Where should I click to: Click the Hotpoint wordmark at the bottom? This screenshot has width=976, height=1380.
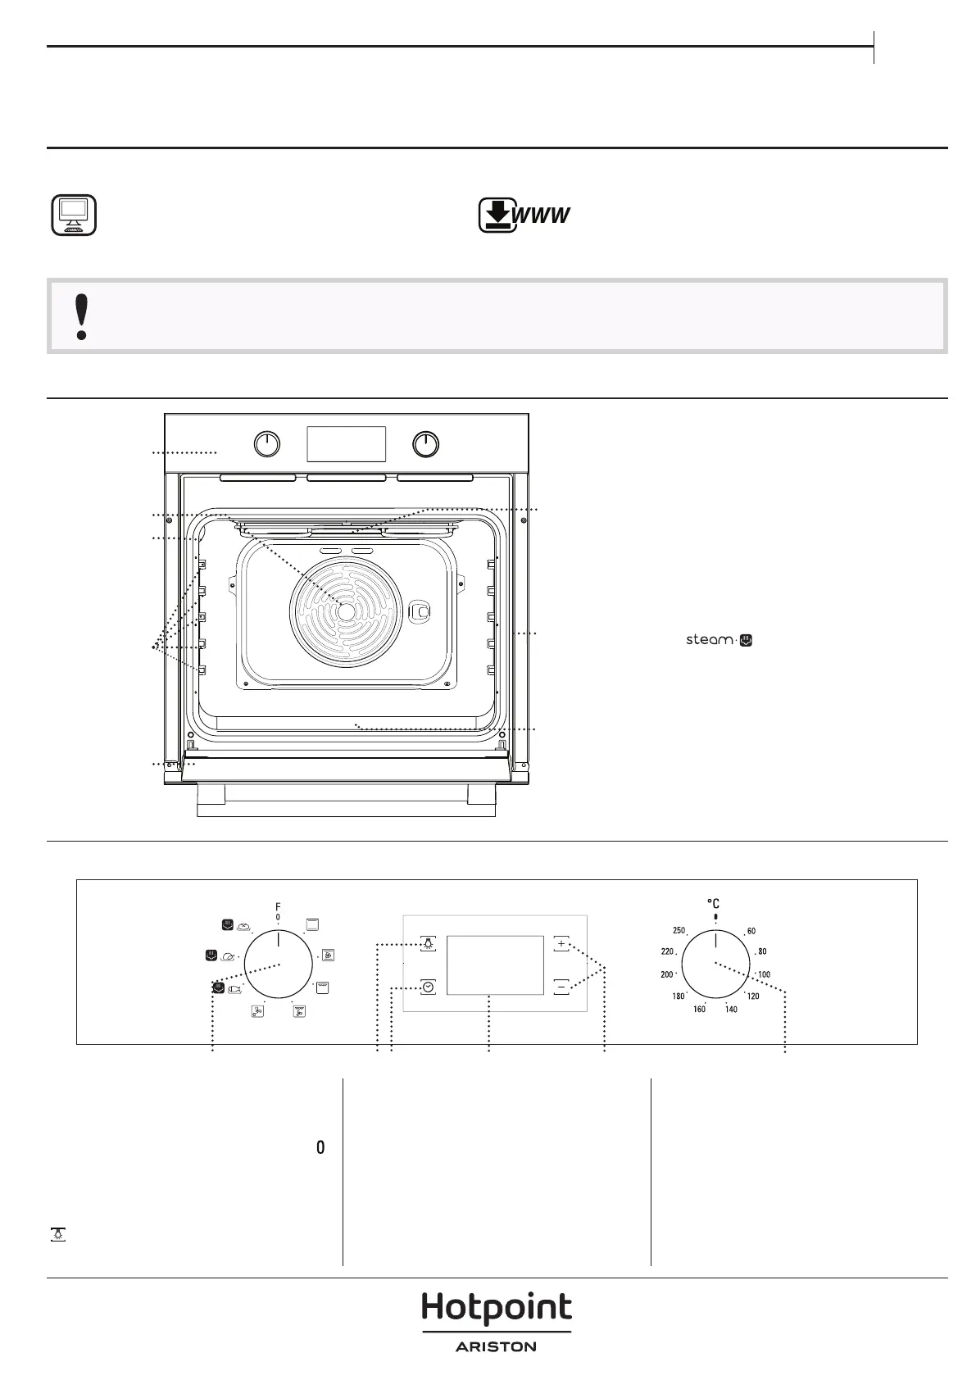tap(496, 1308)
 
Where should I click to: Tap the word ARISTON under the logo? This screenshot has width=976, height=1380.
tap(496, 1346)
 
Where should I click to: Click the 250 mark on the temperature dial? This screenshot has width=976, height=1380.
tap(679, 930)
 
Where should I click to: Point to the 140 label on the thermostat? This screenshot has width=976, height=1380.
tap(731, 1009)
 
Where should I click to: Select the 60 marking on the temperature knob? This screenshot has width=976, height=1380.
tap(751, 931)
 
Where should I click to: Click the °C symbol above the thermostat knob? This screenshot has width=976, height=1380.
tap(714, 904)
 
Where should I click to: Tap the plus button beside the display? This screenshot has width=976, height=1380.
tap(561, 944)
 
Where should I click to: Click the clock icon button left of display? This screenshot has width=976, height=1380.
tap(429, 987)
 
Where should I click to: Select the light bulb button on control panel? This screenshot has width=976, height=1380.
tap(429, 944)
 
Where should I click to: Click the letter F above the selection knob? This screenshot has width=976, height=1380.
tap(278, 907)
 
